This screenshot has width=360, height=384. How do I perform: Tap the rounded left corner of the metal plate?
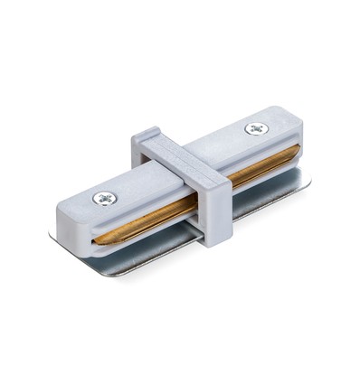(56, 237)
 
